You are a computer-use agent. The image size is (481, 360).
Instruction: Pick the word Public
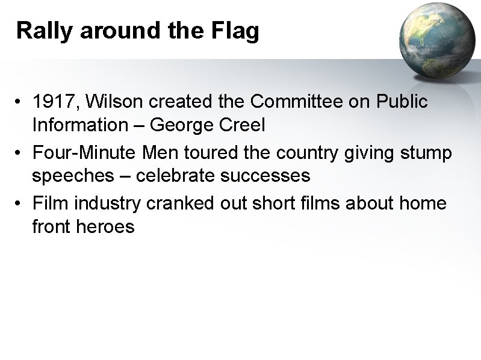pyautogui.click(x=400, y=102)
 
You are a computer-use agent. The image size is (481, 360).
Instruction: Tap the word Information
pyautogui.click(x=76, y=125)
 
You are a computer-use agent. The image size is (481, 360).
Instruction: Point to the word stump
pyautogui.click(x=426, y=153)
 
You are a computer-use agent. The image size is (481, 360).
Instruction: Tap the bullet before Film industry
pyautogui.click(x=20, y=204)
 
